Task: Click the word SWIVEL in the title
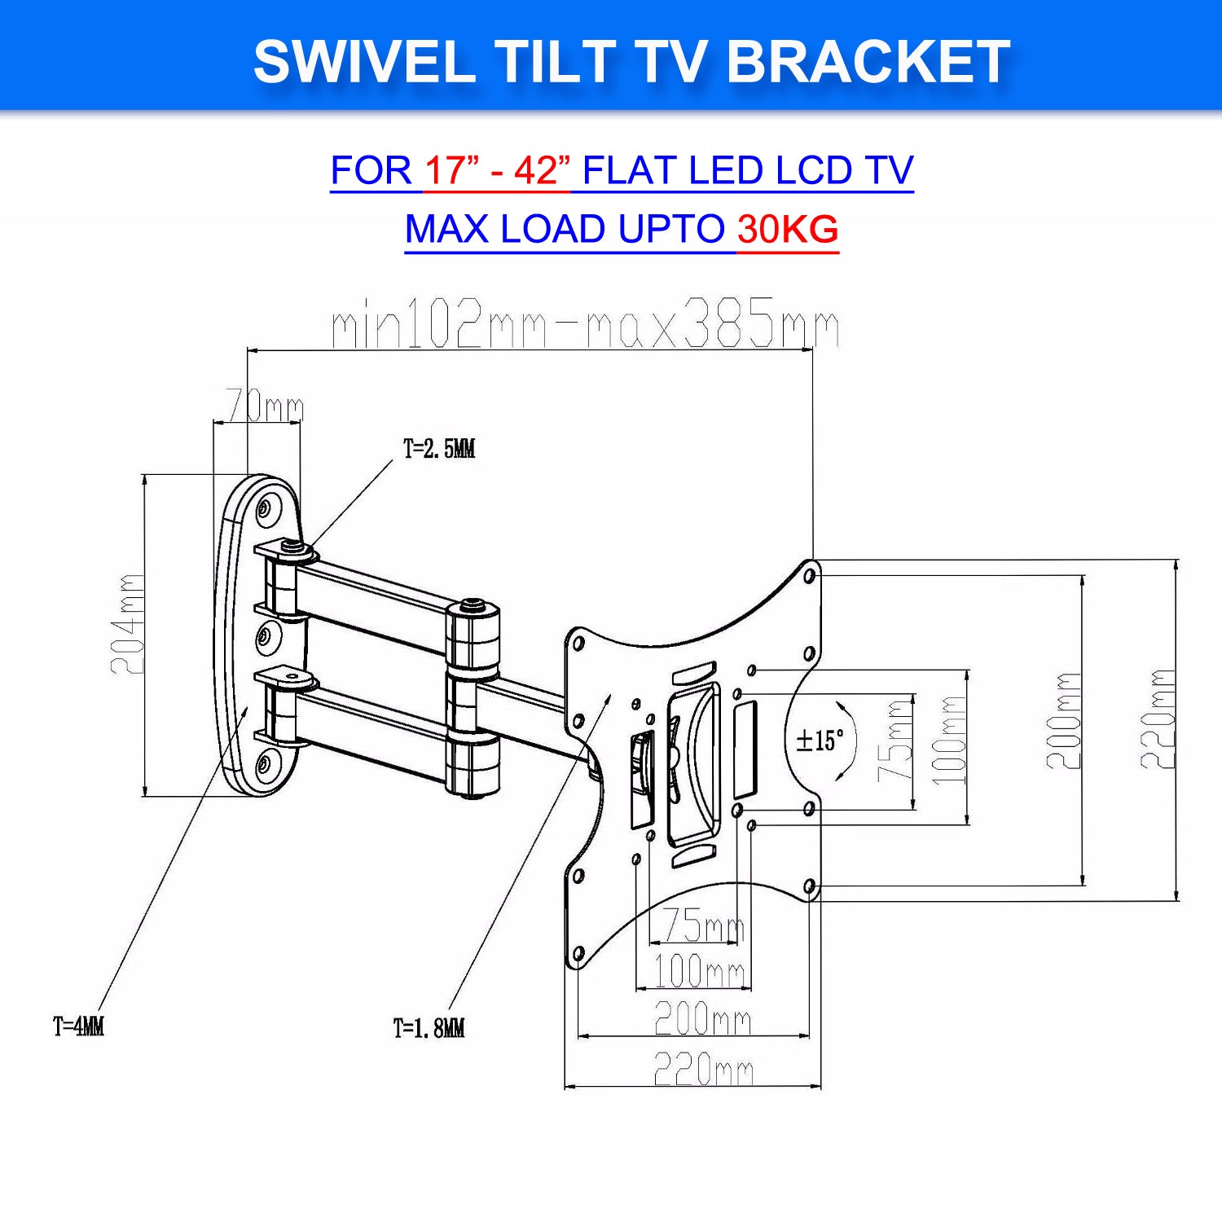364,62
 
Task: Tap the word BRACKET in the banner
868,62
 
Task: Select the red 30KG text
788,230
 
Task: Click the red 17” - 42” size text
497,171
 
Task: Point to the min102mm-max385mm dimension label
585,323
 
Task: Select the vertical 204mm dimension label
128,624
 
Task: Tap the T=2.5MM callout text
439,449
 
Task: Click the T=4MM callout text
78,1026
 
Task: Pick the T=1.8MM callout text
429,1028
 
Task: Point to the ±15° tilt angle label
820,741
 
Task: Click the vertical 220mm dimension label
1157,720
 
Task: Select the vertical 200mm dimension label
1064,722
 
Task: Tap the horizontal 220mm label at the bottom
704,1069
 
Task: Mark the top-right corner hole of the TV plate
810,576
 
